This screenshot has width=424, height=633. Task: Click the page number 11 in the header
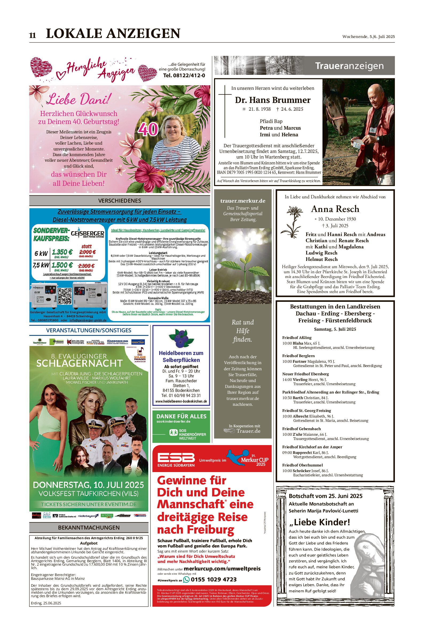click(x=32, y=36)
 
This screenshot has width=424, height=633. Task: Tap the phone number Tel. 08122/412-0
click(x=184, y=75)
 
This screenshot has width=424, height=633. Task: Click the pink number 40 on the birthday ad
click(x=148, y=129)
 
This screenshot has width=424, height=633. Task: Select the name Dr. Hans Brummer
click(x=273, y=100)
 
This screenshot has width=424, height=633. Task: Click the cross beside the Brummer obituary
click(x=224, y=111)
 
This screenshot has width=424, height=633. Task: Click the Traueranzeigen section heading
click(x=349, y=66)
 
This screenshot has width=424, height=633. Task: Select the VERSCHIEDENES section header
click(x=119, y=200)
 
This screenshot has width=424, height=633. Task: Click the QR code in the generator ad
click(x=65, y=296)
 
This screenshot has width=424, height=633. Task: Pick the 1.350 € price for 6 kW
click(x=62, y=252)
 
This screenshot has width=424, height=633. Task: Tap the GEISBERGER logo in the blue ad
click(x=87, y=233)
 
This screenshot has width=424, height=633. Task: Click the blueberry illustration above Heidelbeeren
click(x=181, y=338)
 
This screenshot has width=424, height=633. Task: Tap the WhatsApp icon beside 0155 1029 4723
click(x=186, y=580)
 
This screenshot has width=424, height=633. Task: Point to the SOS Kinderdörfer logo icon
click(x=173, y=433)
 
